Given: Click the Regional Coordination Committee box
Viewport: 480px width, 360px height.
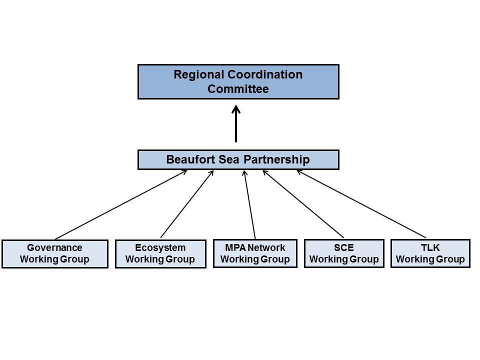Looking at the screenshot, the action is [x=238, y=81].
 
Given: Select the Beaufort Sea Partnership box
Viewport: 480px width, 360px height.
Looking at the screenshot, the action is [x=238, y=160].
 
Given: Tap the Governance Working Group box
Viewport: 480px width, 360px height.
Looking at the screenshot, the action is [x=55, y=254].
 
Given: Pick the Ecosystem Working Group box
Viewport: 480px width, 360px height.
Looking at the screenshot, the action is [x=160, y=254].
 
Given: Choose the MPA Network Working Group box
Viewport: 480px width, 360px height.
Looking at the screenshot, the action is [x=255, y=253].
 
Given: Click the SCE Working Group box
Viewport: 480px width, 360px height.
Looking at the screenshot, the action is [x=344, y=253].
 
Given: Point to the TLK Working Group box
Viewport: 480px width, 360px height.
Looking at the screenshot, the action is [x=430, y=253].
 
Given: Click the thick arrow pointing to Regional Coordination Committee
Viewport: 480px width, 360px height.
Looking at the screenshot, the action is [x=236, y=123].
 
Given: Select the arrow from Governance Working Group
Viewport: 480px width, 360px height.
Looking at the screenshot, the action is [x=121, y=205].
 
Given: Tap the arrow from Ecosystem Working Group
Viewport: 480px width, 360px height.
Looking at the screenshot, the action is [x=187, y=204].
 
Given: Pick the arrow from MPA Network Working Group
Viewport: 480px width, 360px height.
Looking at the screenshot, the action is [x=249, y=204].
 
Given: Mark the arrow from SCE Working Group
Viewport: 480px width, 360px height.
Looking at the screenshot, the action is [x=303, y=204].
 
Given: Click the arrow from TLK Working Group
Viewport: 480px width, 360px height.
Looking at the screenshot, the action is [x=361, y=204].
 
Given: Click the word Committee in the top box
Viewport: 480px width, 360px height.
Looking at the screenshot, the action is [x=238, y=89].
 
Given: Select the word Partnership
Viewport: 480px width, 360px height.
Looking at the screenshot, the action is [x=276, y=160].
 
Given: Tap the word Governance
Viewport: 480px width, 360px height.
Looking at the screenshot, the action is [x=54, y=247].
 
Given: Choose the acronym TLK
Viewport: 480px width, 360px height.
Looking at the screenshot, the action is [x=430, y=247].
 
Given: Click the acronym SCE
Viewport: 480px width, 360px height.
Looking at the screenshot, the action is [x=344, y=247].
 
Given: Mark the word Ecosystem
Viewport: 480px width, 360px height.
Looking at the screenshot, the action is [x=160, y=247].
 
